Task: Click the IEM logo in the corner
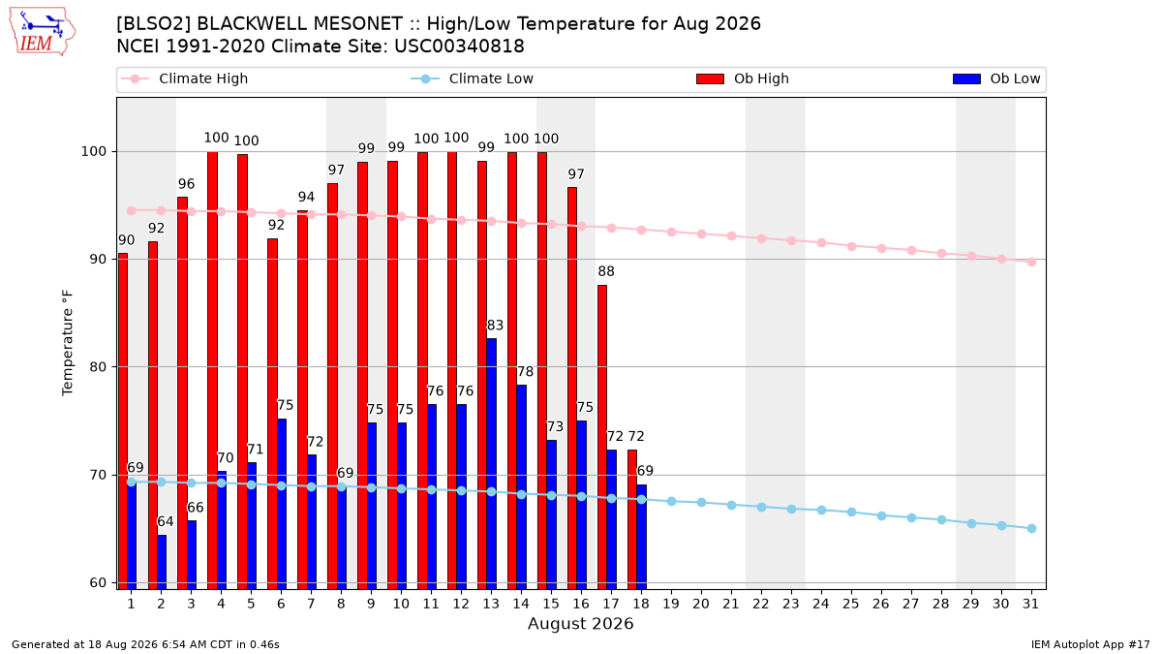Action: (x=43, y=32)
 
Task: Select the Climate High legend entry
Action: (x=184, y=78)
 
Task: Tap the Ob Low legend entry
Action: (x=996, y=78)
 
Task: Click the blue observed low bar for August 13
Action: (x=491, y=463)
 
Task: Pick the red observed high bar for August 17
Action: (x=602, y=437)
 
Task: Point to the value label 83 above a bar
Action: (x=495, y=326)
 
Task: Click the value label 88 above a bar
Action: (x=606, y=271)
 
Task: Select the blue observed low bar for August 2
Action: (x=162, y=562)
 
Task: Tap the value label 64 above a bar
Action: (x=166, y=521)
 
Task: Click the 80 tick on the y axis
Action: (x=98, y=367)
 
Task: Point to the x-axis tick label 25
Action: (x=851, y=604)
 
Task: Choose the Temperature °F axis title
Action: (x=68, y=344)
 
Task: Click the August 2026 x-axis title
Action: (x=580, y=623)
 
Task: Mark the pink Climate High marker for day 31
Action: (x=1032, y=263)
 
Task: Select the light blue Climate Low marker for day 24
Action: (x=822, y=511)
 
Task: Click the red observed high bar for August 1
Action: (x=123, y=420)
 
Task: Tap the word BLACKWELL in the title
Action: (x=258, y=24)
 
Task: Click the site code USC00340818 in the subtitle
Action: (x=459, y=47)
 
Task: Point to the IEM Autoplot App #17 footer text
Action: (x=1090, y=644)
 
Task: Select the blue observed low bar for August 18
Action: (x=642, y=537)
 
